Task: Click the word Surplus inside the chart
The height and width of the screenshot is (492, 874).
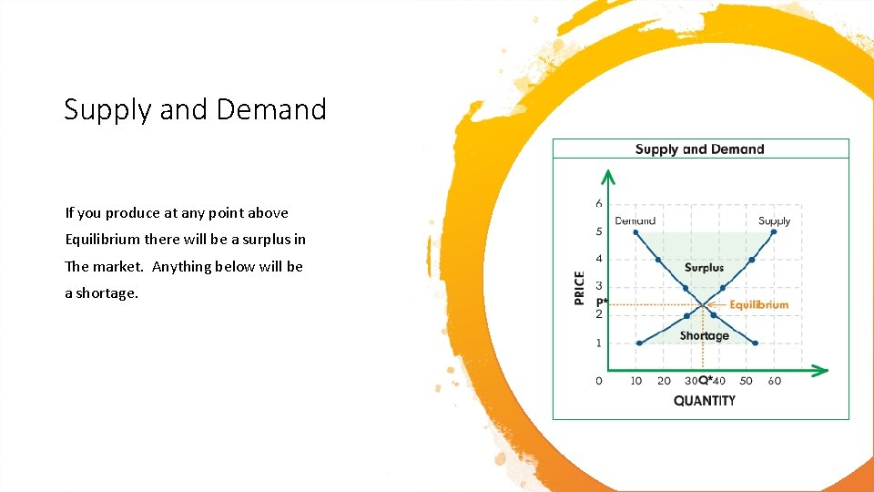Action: point(704,268)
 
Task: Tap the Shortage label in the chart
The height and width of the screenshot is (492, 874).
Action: point(704,335)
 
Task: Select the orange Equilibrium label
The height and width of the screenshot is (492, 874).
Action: point(758,304)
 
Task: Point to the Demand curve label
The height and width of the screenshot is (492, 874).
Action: point(635,220)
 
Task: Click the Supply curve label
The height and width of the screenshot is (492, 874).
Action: point(774,220)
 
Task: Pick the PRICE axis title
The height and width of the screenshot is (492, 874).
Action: point(580,288)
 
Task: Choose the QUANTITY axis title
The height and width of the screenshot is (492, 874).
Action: point(704,400)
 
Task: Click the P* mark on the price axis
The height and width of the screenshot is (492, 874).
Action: point(602,302)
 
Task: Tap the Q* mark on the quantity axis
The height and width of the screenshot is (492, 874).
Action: point(706,381)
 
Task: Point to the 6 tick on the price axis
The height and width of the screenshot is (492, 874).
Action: point(599,203)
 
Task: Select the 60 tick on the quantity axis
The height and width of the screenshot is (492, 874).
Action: point(774,381)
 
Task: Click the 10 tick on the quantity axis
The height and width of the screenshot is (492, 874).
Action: point(635,381)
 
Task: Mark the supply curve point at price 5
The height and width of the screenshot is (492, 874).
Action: point(773,231)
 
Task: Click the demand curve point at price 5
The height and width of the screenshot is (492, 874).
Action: point(636,231)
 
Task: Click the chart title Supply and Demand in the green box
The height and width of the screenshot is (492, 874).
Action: point(699,149)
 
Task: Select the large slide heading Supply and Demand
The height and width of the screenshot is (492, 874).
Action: point(195,109)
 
